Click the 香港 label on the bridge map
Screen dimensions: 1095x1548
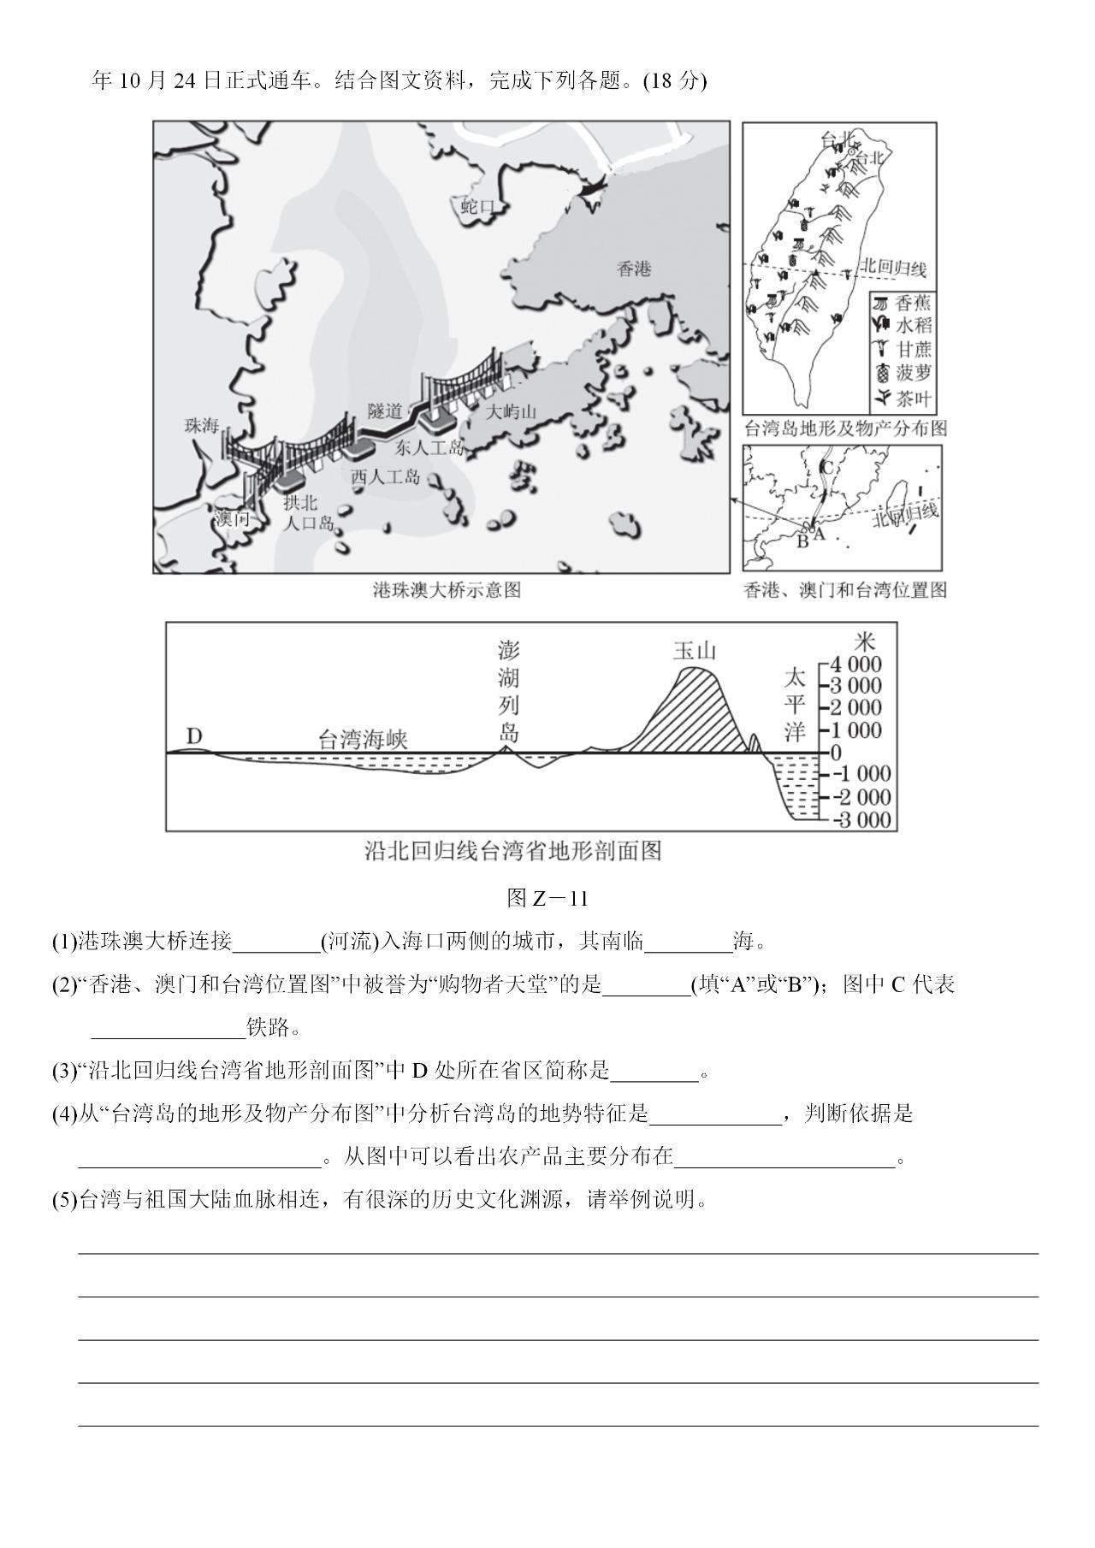634,269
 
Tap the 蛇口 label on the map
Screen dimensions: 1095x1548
478,207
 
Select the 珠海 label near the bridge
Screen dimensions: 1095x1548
202,425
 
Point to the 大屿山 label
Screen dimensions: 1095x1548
511,412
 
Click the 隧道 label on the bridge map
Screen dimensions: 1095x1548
385,411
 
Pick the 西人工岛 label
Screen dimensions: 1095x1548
386,477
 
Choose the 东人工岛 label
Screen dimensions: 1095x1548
429,447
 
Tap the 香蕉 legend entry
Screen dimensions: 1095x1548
913,303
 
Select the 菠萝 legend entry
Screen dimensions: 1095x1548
913,373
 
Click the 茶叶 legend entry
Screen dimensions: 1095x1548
913,398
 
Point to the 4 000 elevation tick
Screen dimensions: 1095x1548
855,665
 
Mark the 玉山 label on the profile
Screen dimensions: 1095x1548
694,651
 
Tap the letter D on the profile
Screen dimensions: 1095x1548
194,736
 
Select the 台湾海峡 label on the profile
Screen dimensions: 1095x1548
363,740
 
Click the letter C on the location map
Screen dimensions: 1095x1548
826,467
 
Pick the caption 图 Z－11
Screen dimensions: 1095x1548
547,898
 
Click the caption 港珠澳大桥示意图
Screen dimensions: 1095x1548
447,590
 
